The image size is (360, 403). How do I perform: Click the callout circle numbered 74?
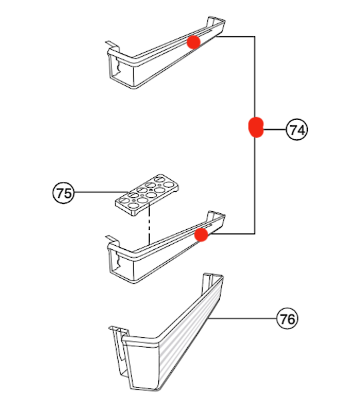point(297,130)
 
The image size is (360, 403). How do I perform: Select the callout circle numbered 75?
point(63,193)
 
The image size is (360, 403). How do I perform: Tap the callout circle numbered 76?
point(287,319)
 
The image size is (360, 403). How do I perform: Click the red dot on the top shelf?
point(193,42)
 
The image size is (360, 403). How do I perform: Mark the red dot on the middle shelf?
point(201,234)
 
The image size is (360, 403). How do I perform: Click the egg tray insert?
point(147,193)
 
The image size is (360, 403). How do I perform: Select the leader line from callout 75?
point(97,193)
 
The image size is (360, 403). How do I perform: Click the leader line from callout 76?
point(243,319)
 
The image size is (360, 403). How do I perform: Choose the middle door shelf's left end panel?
point(122,261)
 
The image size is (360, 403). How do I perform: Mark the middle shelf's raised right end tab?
point(217,217)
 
